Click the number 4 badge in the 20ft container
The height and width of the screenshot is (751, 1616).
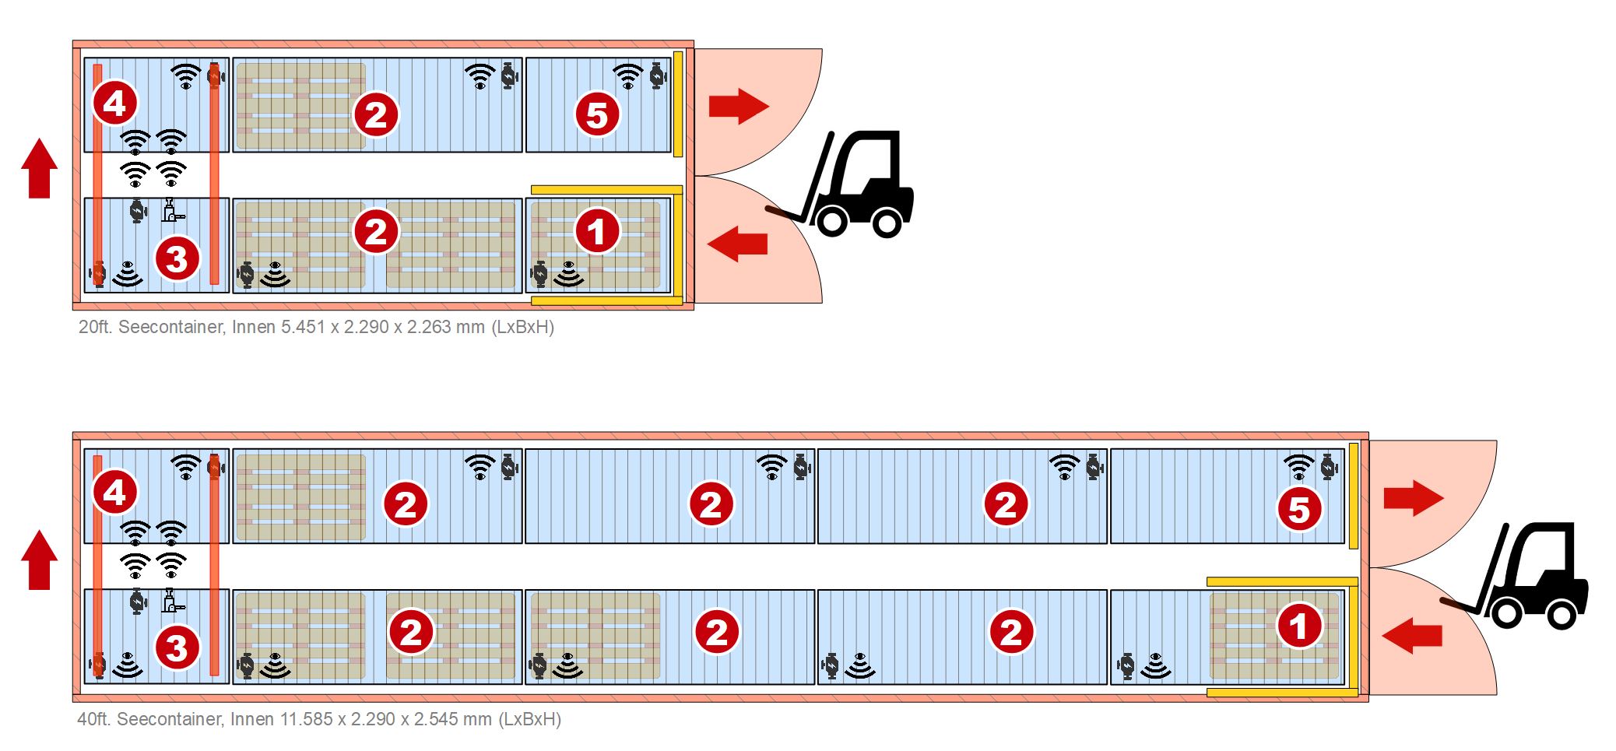coord(115,103)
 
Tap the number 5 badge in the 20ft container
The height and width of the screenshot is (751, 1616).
coord(597,115)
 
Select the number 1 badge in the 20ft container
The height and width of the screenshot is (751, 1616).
coord(597,231)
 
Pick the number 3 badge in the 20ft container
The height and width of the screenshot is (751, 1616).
coord(177,258)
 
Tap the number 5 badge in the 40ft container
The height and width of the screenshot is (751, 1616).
coord(1299,510)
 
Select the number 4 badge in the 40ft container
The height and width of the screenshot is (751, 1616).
coord(115,493)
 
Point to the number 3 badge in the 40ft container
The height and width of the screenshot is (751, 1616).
coord(177,648)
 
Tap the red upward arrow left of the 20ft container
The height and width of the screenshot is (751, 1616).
coord(39,168)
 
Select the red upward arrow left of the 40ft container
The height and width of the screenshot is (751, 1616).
coord(39,560)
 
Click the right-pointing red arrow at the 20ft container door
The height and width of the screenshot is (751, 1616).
coord(739,106)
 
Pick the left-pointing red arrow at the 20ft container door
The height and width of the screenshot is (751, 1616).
coord(737,244)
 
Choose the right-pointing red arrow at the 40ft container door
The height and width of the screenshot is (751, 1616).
coord(1414,498)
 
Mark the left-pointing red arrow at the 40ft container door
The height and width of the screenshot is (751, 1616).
coord(1412,635)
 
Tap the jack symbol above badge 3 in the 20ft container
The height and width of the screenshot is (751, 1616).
coord(173,211)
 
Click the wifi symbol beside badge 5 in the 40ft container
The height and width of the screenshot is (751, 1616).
coord(1298,467)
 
